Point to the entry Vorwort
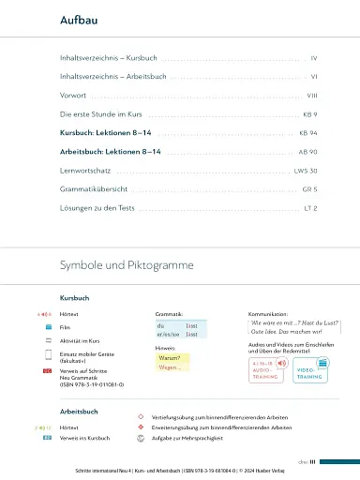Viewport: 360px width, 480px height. point(74,95)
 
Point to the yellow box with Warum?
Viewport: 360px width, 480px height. point(172,357)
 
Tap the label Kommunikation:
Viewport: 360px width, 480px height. point(268,314)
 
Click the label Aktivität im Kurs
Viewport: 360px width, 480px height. point(80,340)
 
